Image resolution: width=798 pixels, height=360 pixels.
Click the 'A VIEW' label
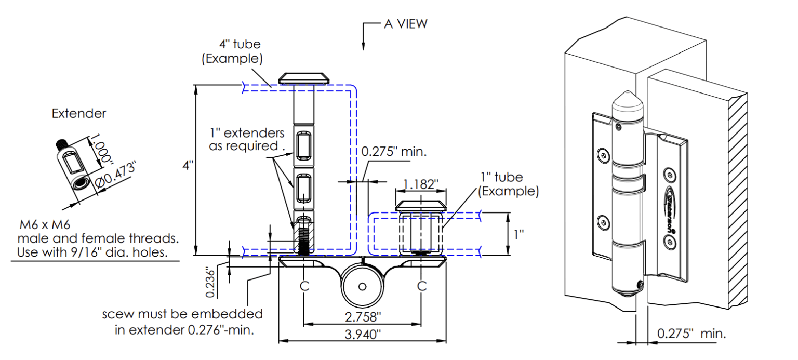click(x=405, y=23)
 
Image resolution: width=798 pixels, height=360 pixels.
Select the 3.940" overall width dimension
click(x=362, y=335)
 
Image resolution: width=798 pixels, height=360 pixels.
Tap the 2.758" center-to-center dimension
click(x=362, y=317)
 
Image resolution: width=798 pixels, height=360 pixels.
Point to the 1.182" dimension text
click(x=421, y=184)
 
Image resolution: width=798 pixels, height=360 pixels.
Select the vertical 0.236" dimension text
click(x=210, y=283)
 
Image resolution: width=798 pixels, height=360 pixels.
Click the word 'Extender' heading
click(x=78, y=113)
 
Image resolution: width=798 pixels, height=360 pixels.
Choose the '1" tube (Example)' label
click(x=508, y=184)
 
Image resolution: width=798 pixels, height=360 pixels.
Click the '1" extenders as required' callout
click(x=247, y=139)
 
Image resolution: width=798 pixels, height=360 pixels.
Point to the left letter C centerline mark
click(x=304, y=286)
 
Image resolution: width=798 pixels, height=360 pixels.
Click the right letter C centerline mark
click(x=422, y=286)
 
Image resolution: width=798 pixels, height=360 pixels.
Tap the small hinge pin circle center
click(x=362, y=287)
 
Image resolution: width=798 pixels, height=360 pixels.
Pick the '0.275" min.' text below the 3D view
click(x=690, y=333)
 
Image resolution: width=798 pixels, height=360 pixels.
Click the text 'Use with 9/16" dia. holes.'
click(x=95, y=252)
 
